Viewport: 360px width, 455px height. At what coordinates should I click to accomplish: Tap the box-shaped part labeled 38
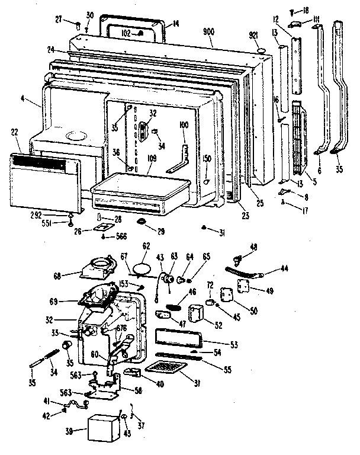pyautogui.click(x=104, y=427)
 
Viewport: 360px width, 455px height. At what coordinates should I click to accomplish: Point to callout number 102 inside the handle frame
pyautogui.click(x=127, y=34)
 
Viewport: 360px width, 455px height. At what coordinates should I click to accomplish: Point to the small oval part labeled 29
pyautogui.click(x=143, y=221)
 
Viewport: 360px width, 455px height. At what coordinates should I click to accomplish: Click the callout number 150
pyautogui.click(x=206, y=159)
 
